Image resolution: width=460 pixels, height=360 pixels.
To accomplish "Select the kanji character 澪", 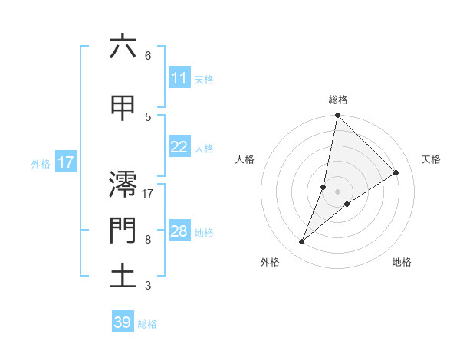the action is [123, 183].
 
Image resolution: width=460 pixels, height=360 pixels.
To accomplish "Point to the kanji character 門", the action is [123, 230].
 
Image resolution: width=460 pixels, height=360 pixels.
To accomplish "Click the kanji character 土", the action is [123, 276].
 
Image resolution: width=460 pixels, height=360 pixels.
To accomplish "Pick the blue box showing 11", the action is [179, 78].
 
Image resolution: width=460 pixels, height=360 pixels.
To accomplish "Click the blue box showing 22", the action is [179, 147].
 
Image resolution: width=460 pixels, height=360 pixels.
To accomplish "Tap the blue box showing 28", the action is [179, 231].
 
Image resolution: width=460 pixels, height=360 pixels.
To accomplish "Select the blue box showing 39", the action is [123, 322].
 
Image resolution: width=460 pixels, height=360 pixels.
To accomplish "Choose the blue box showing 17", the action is [65, 162].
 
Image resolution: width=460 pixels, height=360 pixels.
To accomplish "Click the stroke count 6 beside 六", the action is [147, 56].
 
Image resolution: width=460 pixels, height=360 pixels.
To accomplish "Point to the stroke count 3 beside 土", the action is [147, 286].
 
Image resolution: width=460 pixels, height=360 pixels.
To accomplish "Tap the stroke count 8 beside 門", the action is [147, 240].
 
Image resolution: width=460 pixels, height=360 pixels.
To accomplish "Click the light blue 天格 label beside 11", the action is [203, 79].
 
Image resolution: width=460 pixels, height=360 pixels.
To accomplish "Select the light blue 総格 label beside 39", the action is [147, 324].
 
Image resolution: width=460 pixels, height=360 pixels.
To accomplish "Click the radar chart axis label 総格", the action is [338, 100].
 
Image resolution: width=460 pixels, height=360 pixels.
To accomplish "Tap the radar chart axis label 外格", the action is [270, 262].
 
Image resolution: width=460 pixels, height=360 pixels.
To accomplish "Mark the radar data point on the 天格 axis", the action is [396, 172].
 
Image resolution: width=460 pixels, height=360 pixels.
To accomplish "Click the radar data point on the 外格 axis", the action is [302, 242].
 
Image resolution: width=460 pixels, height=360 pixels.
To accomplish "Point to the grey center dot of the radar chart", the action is [338, 191].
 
